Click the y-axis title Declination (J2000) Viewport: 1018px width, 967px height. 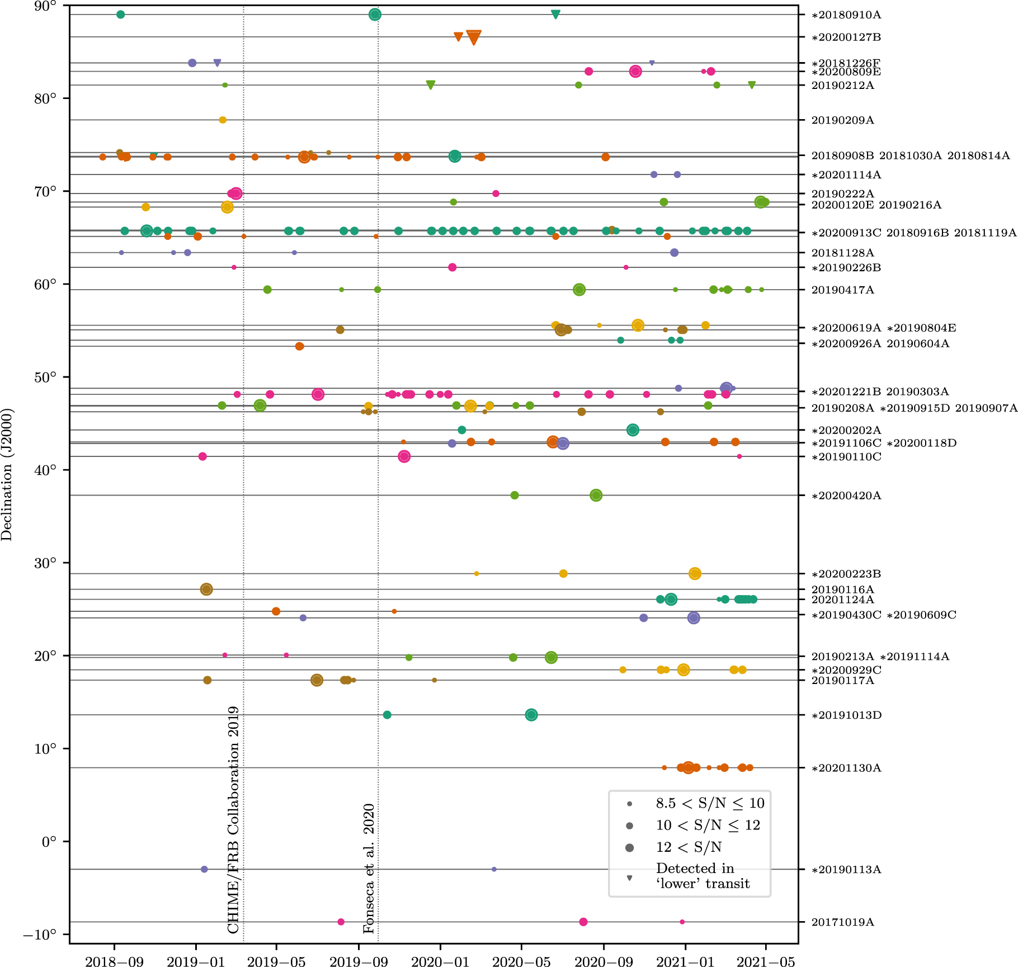point(7,474)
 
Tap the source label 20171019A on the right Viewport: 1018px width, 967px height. point(842,922)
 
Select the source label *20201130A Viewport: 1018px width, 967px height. point(846,768)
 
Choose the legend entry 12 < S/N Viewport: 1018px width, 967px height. point(689,847)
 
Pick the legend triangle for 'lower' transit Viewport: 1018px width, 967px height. point(629,878)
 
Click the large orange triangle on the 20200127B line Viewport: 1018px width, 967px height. point(473,37)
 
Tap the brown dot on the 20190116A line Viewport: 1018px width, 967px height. point(206,589)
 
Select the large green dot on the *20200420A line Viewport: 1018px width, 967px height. point(596,495)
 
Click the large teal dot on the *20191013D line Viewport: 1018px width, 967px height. point(531,715)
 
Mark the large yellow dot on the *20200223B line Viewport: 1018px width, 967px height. point(695,573)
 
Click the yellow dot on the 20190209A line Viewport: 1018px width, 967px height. point(223,120)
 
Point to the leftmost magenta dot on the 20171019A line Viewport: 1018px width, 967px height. point(341,922)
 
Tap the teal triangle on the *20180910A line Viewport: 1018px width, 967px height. point(555,14)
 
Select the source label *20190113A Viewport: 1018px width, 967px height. point(846,869)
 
